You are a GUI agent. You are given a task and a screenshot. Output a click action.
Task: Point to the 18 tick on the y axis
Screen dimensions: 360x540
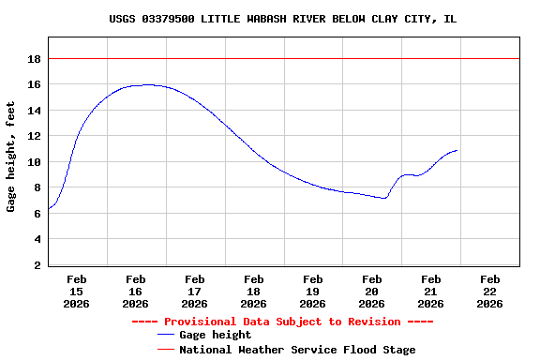point(34,59)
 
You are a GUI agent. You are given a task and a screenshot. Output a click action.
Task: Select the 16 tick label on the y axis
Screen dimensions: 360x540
point(34,84)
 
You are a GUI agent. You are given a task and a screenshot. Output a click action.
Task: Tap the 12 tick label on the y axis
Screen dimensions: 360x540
point(34,136)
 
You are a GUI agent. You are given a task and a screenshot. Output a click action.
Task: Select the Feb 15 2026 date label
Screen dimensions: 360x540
point(77,291)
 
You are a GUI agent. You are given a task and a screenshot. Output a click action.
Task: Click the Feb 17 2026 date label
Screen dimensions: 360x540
point(195,291)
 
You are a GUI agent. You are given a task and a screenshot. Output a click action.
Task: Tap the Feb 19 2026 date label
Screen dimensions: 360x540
point(313,291)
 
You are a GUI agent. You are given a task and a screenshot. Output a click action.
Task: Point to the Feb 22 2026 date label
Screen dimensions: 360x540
point(490,291)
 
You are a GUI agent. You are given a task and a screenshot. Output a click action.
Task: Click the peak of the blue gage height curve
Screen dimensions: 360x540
point(148,84)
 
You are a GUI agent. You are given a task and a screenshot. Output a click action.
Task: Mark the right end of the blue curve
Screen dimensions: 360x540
point(457,150)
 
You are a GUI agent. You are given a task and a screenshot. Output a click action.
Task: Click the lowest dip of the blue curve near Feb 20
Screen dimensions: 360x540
point(383,198)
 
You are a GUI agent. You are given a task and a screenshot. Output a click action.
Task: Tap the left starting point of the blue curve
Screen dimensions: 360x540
point(49,208)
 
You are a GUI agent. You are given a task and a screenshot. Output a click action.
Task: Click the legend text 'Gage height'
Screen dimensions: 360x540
point(215,335)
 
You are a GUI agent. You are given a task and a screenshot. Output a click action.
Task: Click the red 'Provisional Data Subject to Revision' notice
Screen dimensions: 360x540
point(282,321)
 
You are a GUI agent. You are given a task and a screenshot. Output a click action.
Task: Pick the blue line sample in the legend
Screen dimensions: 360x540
point(166,335)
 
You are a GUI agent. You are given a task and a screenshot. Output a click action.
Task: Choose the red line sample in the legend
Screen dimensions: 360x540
point(166,349)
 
